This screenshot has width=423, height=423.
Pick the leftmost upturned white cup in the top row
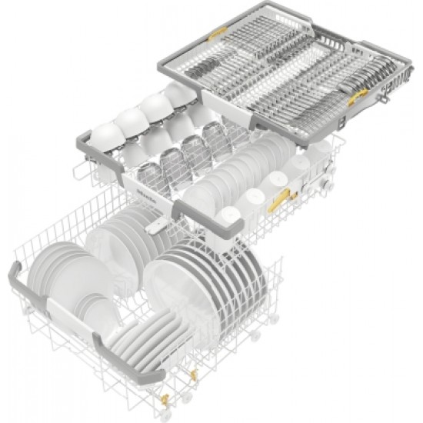[x=104, y=132]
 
